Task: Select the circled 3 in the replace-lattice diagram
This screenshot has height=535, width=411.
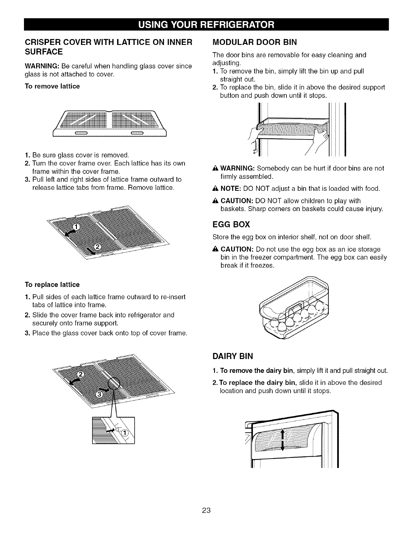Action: (x=100, y=395)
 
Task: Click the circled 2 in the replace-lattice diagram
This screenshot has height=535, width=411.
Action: (x=80, y=374)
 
